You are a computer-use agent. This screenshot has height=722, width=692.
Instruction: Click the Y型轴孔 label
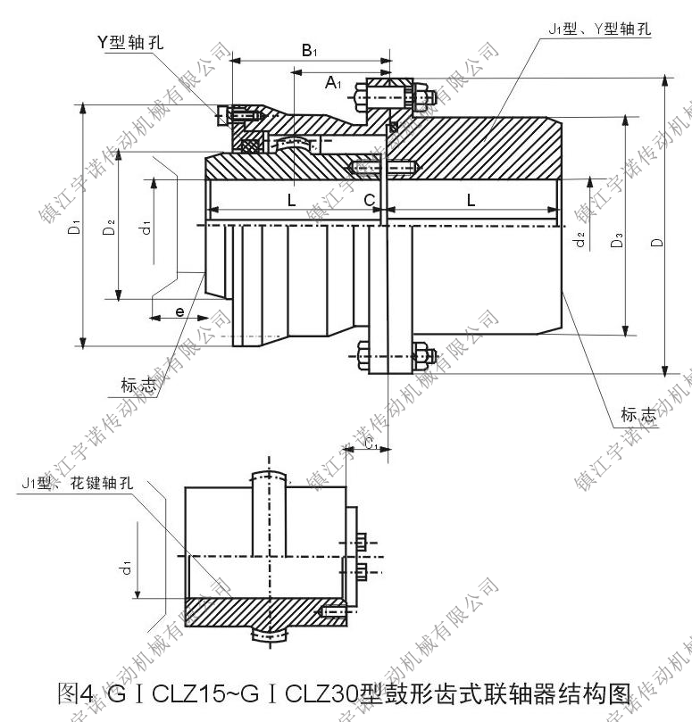(x=131, y=41)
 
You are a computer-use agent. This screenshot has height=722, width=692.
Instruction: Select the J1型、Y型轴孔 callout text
(x=599, y=28)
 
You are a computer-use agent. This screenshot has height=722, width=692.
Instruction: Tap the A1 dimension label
(x=332, y=83)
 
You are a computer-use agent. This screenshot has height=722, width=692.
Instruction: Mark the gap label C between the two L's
(x=369, y=201)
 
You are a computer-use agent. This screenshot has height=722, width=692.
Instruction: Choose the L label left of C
(x=291, y=201)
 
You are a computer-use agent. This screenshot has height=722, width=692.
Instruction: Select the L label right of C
(x=471, y=201)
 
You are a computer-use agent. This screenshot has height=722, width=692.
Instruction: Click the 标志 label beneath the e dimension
(x=138, y=386)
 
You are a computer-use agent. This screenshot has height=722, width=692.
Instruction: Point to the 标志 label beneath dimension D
(x=639, y=414)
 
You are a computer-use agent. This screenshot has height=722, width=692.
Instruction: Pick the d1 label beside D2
(x=143, y=228)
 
